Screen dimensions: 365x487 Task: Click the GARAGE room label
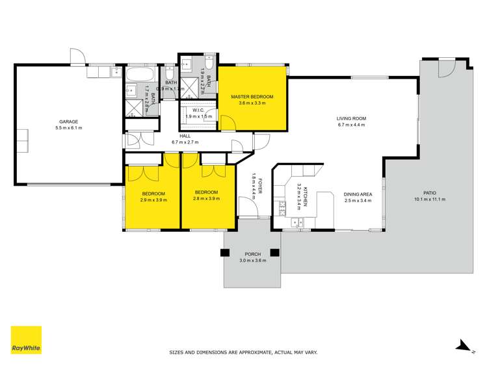pos(69,121)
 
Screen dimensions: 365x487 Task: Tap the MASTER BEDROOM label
pos(252,97)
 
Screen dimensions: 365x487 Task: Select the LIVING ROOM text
pos(351,118)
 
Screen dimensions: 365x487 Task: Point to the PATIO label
pos(429,192)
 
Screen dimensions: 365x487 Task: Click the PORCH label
pos(252,254)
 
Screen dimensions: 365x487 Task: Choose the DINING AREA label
pos(358,194)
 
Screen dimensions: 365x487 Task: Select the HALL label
pos(185,136)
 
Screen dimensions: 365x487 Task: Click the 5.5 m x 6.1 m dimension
pos(69,128)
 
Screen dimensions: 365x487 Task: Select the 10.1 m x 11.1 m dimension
pos(429,199)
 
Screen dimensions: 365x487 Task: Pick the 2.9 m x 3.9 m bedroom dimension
pos(153,200)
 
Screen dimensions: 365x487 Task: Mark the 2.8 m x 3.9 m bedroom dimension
pos(205,199)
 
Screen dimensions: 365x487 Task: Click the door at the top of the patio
pos(446,68)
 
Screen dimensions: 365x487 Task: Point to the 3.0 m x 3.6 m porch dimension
pos(252,260)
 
